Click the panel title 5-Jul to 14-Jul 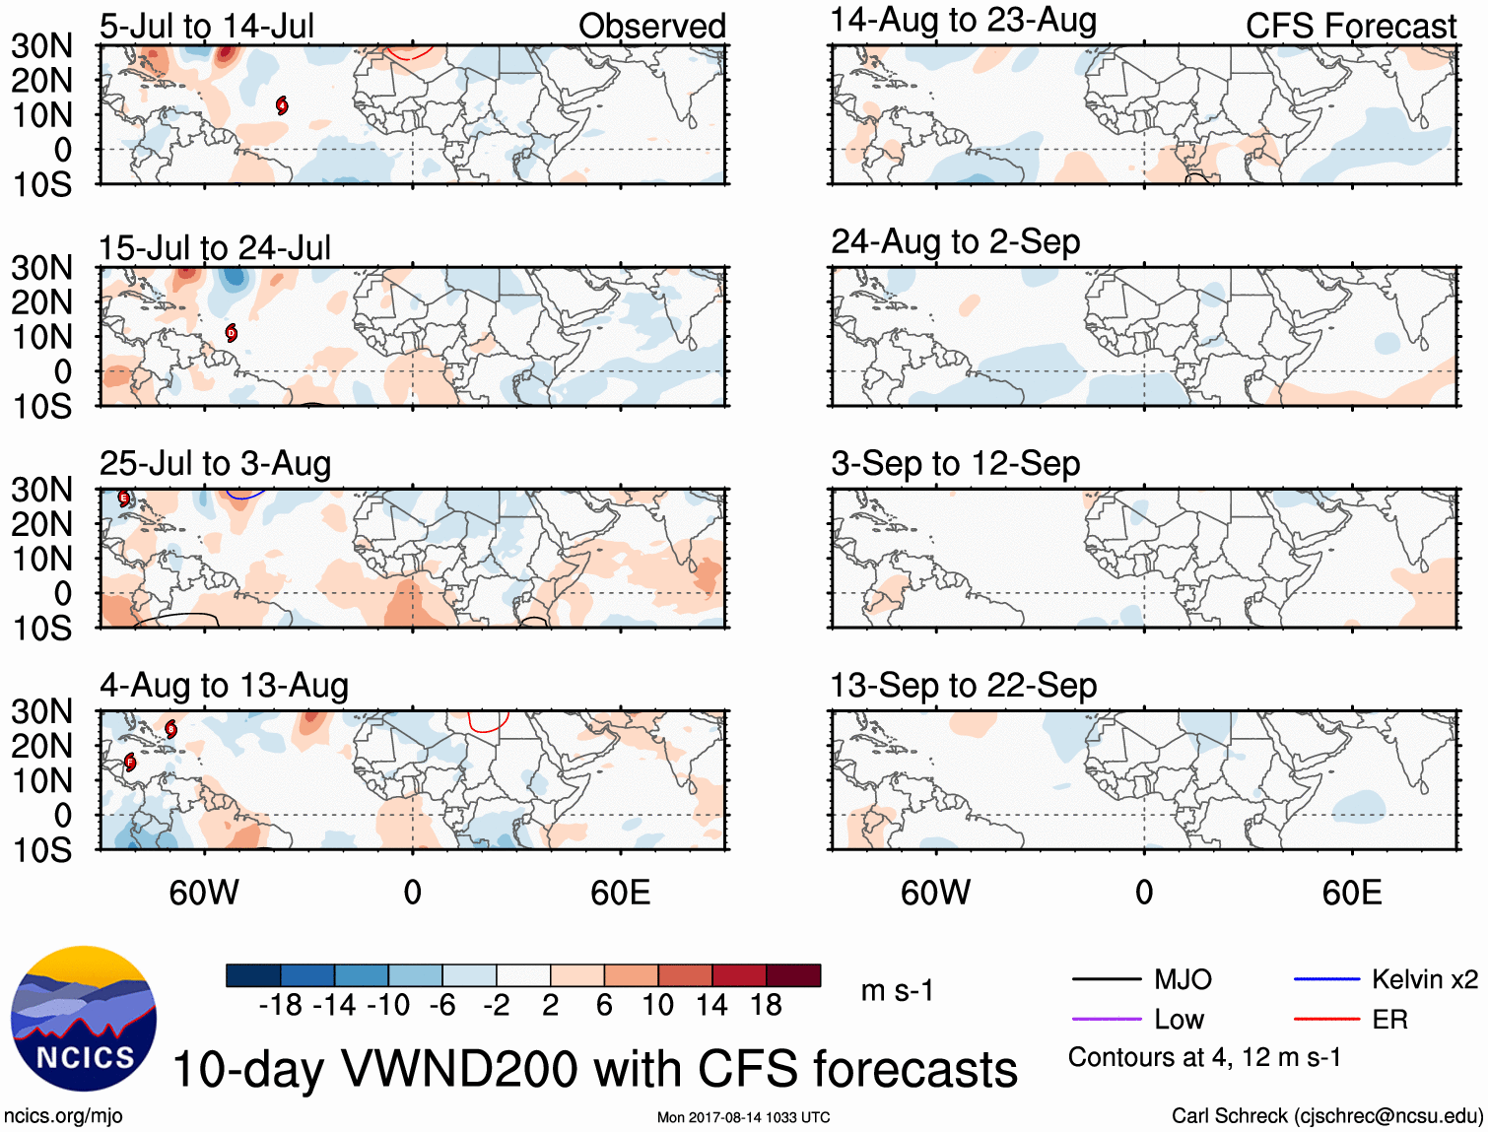tap(207, 27)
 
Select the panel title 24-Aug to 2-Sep tap(955, 242)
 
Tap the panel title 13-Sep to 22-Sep tap(963, 686)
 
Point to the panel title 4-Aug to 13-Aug tap(224, 686)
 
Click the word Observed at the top tap(651, 27)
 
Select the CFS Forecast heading tap(1350, 27)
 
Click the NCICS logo tap(84, 1019)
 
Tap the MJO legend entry tap(1183, 979)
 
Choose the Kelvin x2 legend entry tap(1424, 979)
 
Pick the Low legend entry tap(1179, 1020)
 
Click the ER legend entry tap(1389, 1020)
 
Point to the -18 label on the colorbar tap(280, 1005)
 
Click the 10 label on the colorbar tap(657, 1005)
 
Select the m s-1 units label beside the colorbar tap(897, 990)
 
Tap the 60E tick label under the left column tap(621, 893)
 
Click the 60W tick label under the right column tap(935, 893)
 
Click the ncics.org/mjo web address tap(63, 1116)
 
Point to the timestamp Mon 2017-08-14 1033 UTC tap(743, 1117)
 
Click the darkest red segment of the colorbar tap(793, 975)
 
